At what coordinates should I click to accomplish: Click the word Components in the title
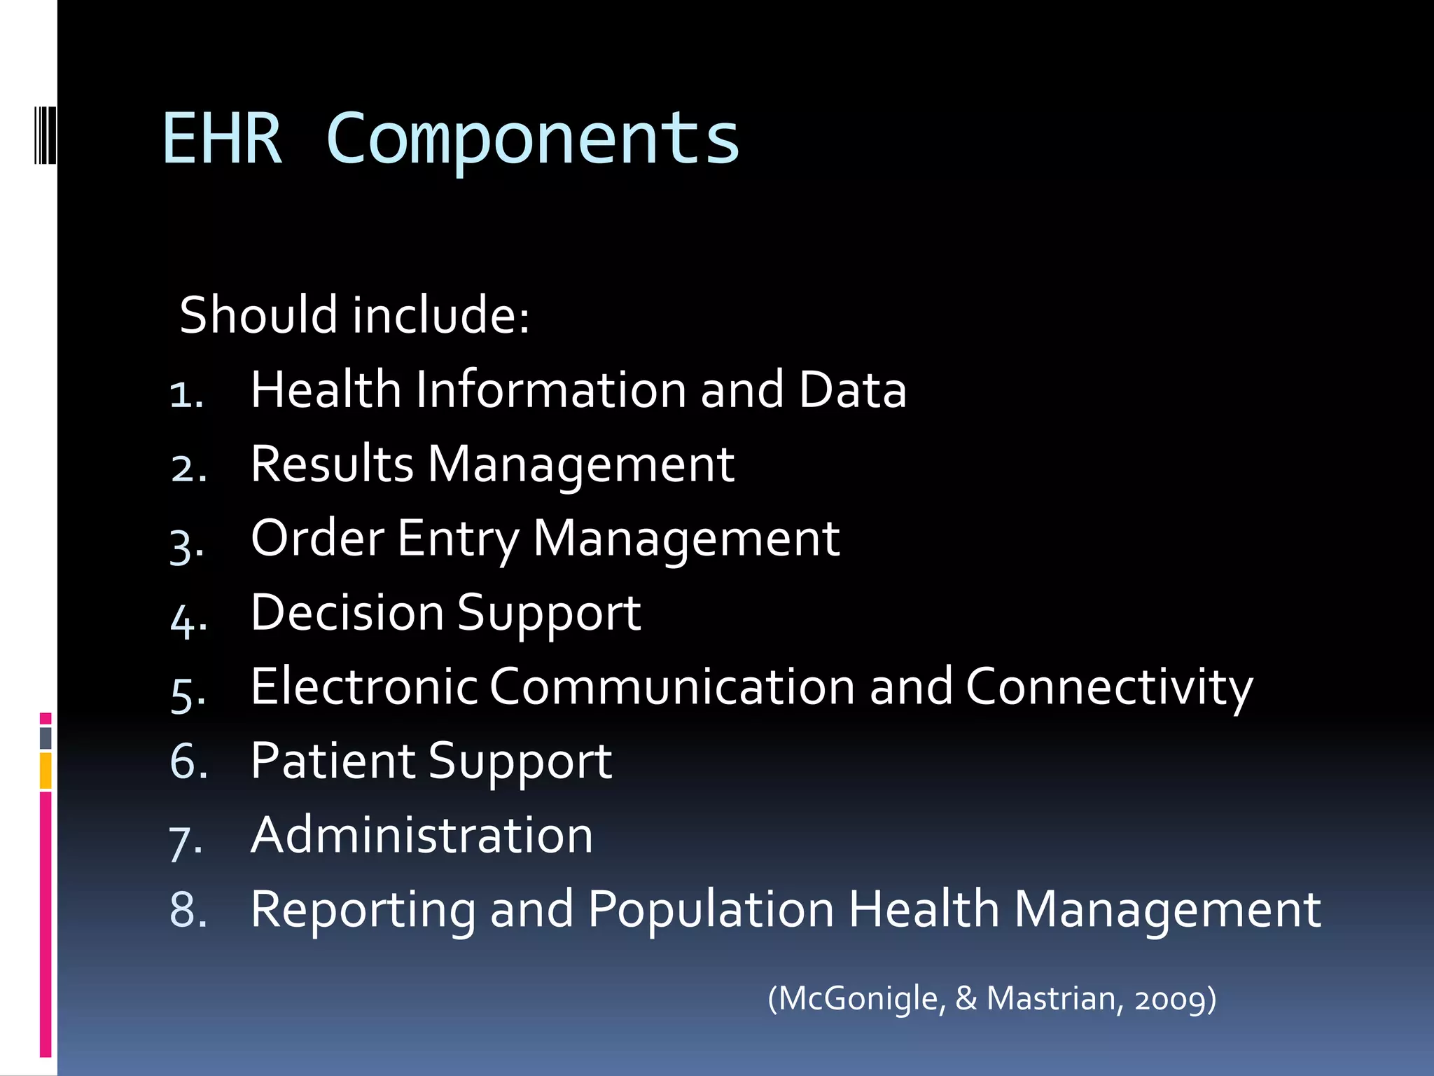(533, 140)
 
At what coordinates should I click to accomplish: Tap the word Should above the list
(259, 315)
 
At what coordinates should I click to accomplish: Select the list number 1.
(186, 394)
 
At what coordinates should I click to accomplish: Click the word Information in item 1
(550, 389)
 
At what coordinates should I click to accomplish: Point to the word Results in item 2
(332, 464)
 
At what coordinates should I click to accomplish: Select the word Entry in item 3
(458, 539)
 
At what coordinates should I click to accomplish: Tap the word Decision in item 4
(347, 613)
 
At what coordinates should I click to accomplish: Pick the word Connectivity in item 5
(1109, 688)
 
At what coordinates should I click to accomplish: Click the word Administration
(422, 835)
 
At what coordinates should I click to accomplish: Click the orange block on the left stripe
(46, 771)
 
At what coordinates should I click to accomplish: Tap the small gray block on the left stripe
(46, 738)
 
